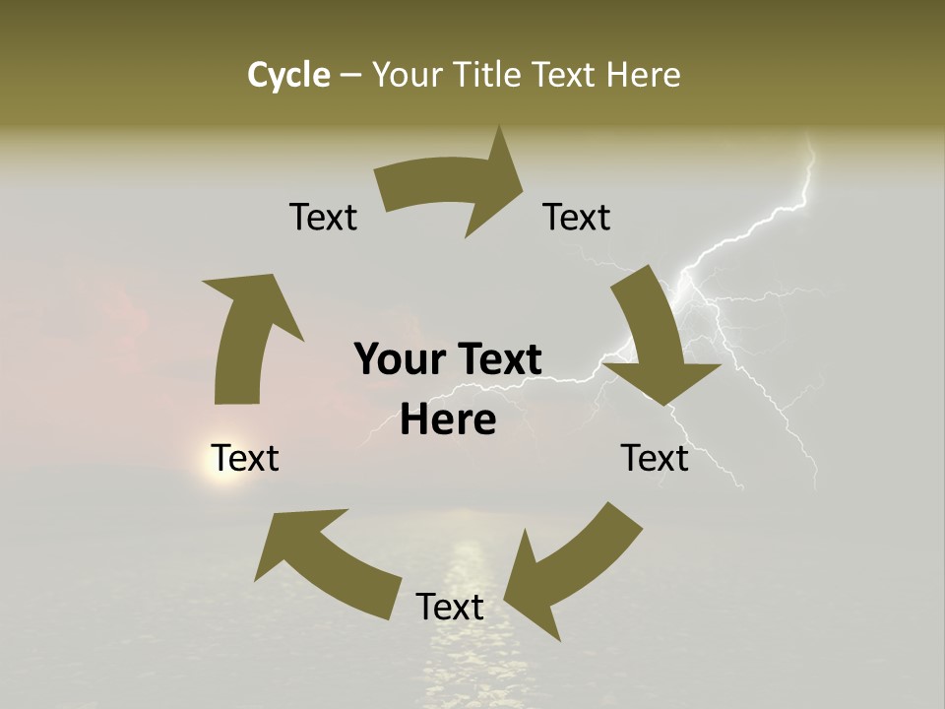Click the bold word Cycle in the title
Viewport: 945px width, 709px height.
click(287, 75)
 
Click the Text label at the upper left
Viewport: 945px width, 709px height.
click(323, 217)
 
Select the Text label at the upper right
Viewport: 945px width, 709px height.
click(577, 217)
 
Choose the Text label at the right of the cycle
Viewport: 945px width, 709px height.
click(655, 458)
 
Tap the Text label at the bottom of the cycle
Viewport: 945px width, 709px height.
click(450, 607)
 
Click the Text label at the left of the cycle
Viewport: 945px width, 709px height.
click(245, 458)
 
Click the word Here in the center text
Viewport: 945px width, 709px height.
click(448, 420)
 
